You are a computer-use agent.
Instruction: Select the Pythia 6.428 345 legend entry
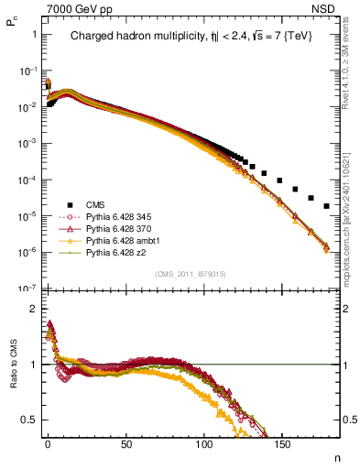pos(116,217)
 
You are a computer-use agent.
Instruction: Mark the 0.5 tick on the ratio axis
pos(27,420)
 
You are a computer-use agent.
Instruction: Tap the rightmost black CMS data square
pos(327,206)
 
